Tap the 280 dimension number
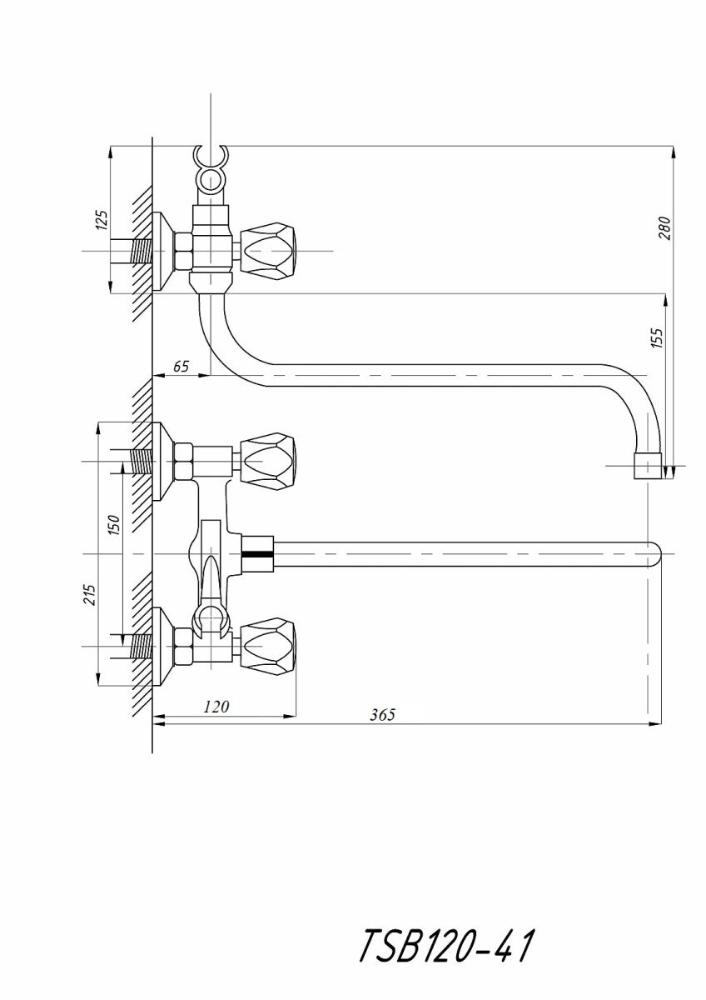tap(664, 228)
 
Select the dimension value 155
tap(657, 337)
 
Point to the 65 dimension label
tap(181, 367)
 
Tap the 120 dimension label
tap(216, 707)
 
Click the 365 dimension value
tap(383, 715)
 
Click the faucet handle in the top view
tap(268, 252)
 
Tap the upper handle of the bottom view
tap(268, 461)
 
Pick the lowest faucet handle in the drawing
tap(268, 646)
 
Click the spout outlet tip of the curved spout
tap(648, 467)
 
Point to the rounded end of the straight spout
tap(654, 554)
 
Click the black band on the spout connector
tap(257, 554)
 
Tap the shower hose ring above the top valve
tap(211, 180)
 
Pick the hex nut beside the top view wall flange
tap(184, 252)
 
